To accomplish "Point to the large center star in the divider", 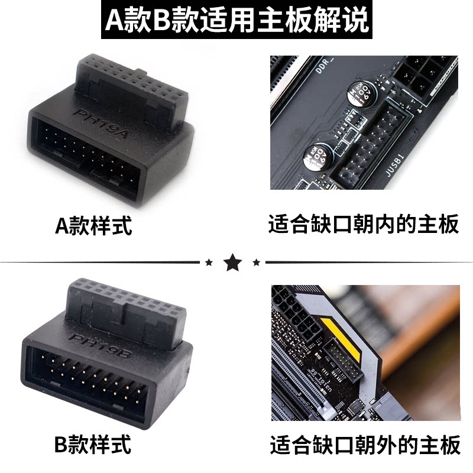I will [x=232, y=260].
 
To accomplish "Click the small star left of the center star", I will [x=208, y=261].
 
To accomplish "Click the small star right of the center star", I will [x=256, y=261].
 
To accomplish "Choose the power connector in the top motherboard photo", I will [x=426, y=74].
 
